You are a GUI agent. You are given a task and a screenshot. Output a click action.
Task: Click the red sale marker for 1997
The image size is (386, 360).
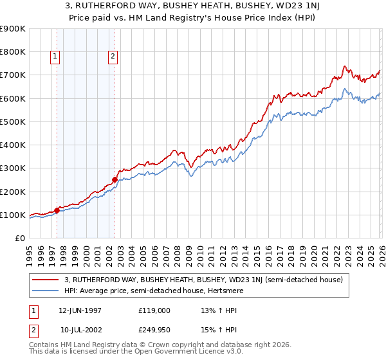57,210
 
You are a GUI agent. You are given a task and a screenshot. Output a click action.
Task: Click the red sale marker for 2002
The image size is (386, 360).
115,180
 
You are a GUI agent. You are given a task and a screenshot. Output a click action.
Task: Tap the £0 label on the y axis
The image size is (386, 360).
19,238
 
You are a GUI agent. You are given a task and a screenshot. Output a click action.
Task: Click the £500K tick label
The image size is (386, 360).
13,122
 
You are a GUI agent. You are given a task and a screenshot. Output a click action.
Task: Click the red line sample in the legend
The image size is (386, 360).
46,280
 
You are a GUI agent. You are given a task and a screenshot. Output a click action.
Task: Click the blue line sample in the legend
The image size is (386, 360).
46,291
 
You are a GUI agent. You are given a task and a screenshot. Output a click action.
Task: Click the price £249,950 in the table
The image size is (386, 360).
154,330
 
